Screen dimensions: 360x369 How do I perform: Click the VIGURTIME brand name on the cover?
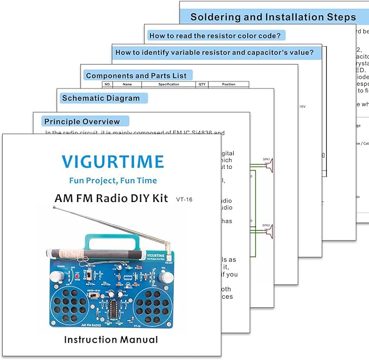click(x=112, y=161)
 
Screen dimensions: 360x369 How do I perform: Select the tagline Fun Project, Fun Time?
click(x=112, y=180)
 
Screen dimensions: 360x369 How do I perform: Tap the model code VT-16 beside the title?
click(x=184, y=199)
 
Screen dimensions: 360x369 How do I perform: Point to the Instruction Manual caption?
click(x=111, y=340)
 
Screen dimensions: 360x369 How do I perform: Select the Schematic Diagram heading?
click(x=101, y=98)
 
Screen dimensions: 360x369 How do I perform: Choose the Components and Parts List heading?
click(x=135, y=75)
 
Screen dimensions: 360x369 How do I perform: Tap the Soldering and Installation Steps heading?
click(x=273, y=17)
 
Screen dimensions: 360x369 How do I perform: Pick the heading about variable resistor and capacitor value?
click(x=214, y=53)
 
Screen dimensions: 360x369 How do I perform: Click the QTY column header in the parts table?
click(x=202, y=85)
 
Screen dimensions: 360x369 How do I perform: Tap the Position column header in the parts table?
click(x=228, y=85)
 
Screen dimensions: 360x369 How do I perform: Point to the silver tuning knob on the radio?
click(x=54, y=276)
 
